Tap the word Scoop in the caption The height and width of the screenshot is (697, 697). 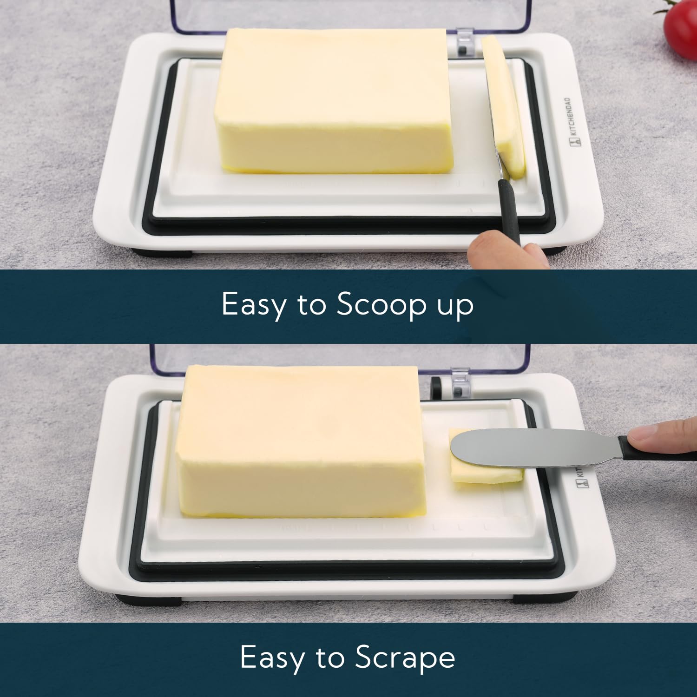click(381, 305)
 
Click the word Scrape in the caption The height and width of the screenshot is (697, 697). click(405, 658)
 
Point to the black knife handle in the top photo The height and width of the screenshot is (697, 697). click(509, 209)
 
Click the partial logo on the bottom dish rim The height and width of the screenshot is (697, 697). click(582, 479)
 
